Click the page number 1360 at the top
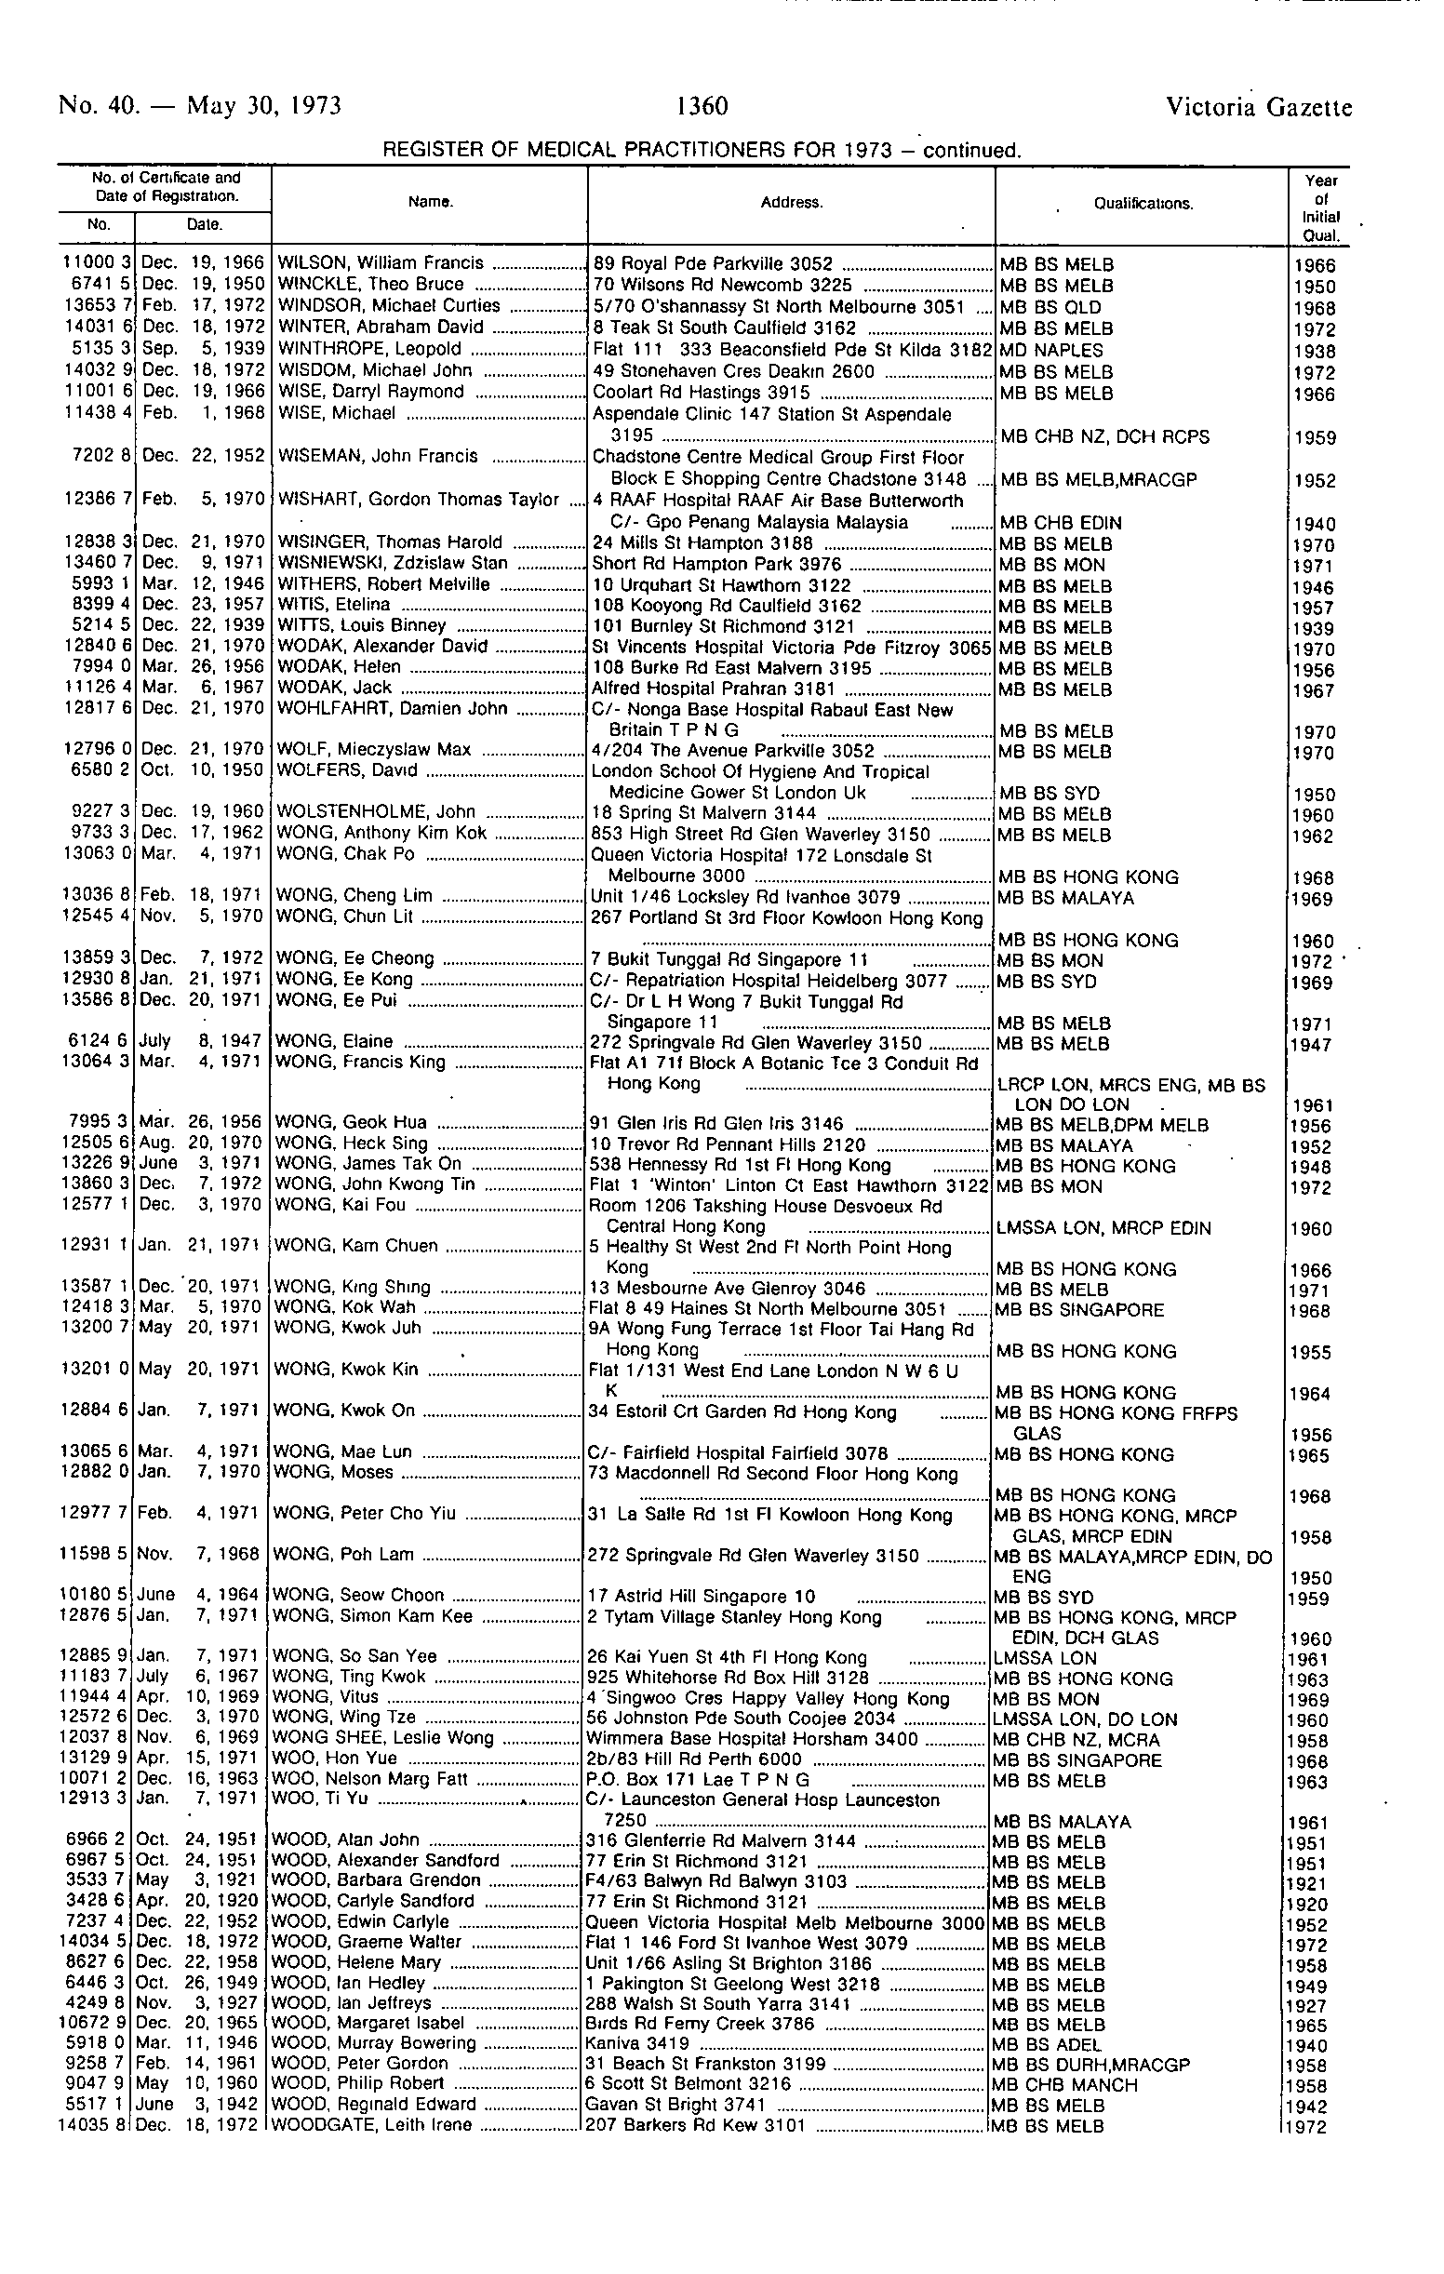click(x=702, y=106)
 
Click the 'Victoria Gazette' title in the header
click(x=1259, y=108)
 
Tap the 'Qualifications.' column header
click(x=1143, y=204)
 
